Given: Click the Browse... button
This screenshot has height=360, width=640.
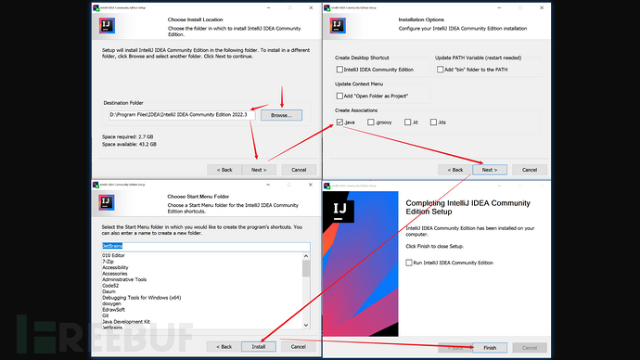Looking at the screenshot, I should click(279, 115).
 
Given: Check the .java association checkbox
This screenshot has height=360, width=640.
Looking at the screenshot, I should click(340, 122).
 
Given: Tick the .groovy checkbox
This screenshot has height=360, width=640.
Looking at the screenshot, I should click(371, 122).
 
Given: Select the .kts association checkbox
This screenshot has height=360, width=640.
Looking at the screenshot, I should click(434, 122).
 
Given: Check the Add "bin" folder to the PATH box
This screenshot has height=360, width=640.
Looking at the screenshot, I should click(440, 70).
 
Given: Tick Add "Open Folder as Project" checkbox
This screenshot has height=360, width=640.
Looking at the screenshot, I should click(340, 96).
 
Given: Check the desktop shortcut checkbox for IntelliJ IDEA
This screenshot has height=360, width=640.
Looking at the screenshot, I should click(340, 70).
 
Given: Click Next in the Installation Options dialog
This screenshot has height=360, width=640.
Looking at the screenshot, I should click(489, 170).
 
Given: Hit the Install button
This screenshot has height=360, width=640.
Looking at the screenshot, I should click(258, 346).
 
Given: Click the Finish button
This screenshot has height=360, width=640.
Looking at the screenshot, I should click(489, 347).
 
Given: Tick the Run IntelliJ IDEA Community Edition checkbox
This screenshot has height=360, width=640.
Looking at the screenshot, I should click(411, 263).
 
